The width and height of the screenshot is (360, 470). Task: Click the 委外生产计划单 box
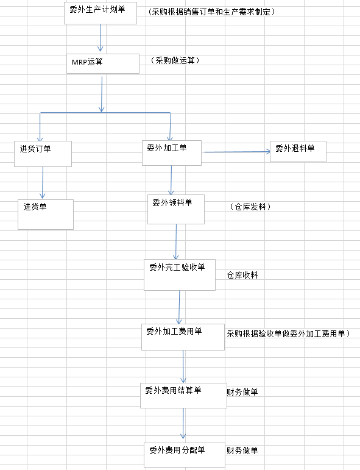[x=101, y=13]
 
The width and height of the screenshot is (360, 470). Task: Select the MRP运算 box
[x=103, y=63]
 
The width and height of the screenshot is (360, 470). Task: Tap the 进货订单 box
[x=43, y=154]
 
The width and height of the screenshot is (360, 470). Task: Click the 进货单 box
[x=46, y=215]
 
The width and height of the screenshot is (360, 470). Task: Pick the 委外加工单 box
[x=172, y=153]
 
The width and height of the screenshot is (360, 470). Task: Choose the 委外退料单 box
[x=298, y=152]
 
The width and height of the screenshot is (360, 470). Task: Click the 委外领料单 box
[x=176, y=209]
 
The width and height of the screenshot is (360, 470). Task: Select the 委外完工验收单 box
[x=180, y=275]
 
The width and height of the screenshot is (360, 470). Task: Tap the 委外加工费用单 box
[x=183, y=337]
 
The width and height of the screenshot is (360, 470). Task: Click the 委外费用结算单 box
[x=183, y=396]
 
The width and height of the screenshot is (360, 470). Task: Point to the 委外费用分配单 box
[x=185, y=455]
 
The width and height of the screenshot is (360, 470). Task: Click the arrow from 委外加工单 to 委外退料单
[x=237, y=152]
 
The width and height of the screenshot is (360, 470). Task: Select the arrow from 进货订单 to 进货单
[x=43, y=182]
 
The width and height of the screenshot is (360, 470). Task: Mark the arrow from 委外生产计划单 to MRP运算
[x=101, y=38]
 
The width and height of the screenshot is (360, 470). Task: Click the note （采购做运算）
[x=175, y=60]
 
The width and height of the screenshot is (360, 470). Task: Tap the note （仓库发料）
[x=250, y=207]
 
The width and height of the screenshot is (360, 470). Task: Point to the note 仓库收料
[x=242, y=275]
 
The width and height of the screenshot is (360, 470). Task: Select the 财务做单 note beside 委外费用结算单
[x=242, y=392]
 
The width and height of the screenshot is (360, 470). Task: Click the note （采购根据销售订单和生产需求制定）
[x=211, y=12]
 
